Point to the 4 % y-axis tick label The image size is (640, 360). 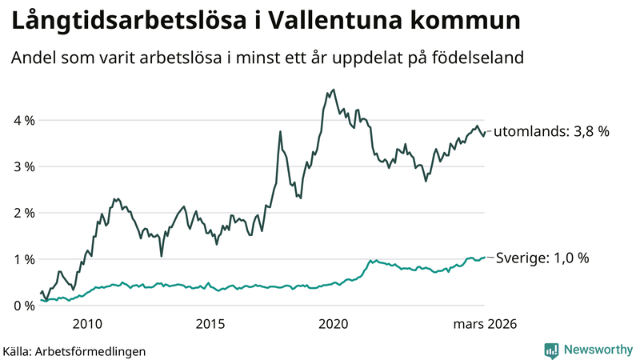click(x=23, y=121)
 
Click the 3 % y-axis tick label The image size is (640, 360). click(x=23, y=167)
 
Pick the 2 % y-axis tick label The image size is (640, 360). click(x=23, y=214)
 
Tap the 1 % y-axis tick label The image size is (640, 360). click(x=23, y=260)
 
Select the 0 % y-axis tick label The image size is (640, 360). click(x=23, y=306)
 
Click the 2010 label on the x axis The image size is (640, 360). click(x=87, y=324)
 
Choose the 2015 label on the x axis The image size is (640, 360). click(x=210, y=324)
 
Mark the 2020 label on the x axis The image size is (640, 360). click(x=334, y=324)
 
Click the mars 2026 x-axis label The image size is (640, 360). click(x=485, y=324)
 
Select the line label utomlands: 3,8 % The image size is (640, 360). click(x=552, y=132)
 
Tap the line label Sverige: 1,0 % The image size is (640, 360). click(x=542, y=258)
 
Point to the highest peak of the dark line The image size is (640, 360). click(x=333, y=90)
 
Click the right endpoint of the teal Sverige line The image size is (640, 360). click(x=485, y=258)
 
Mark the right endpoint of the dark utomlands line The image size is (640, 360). click(x=485, y=132)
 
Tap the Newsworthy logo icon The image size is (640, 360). click(x=552, y=350)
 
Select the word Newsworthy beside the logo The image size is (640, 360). click(x=597, y=350)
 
